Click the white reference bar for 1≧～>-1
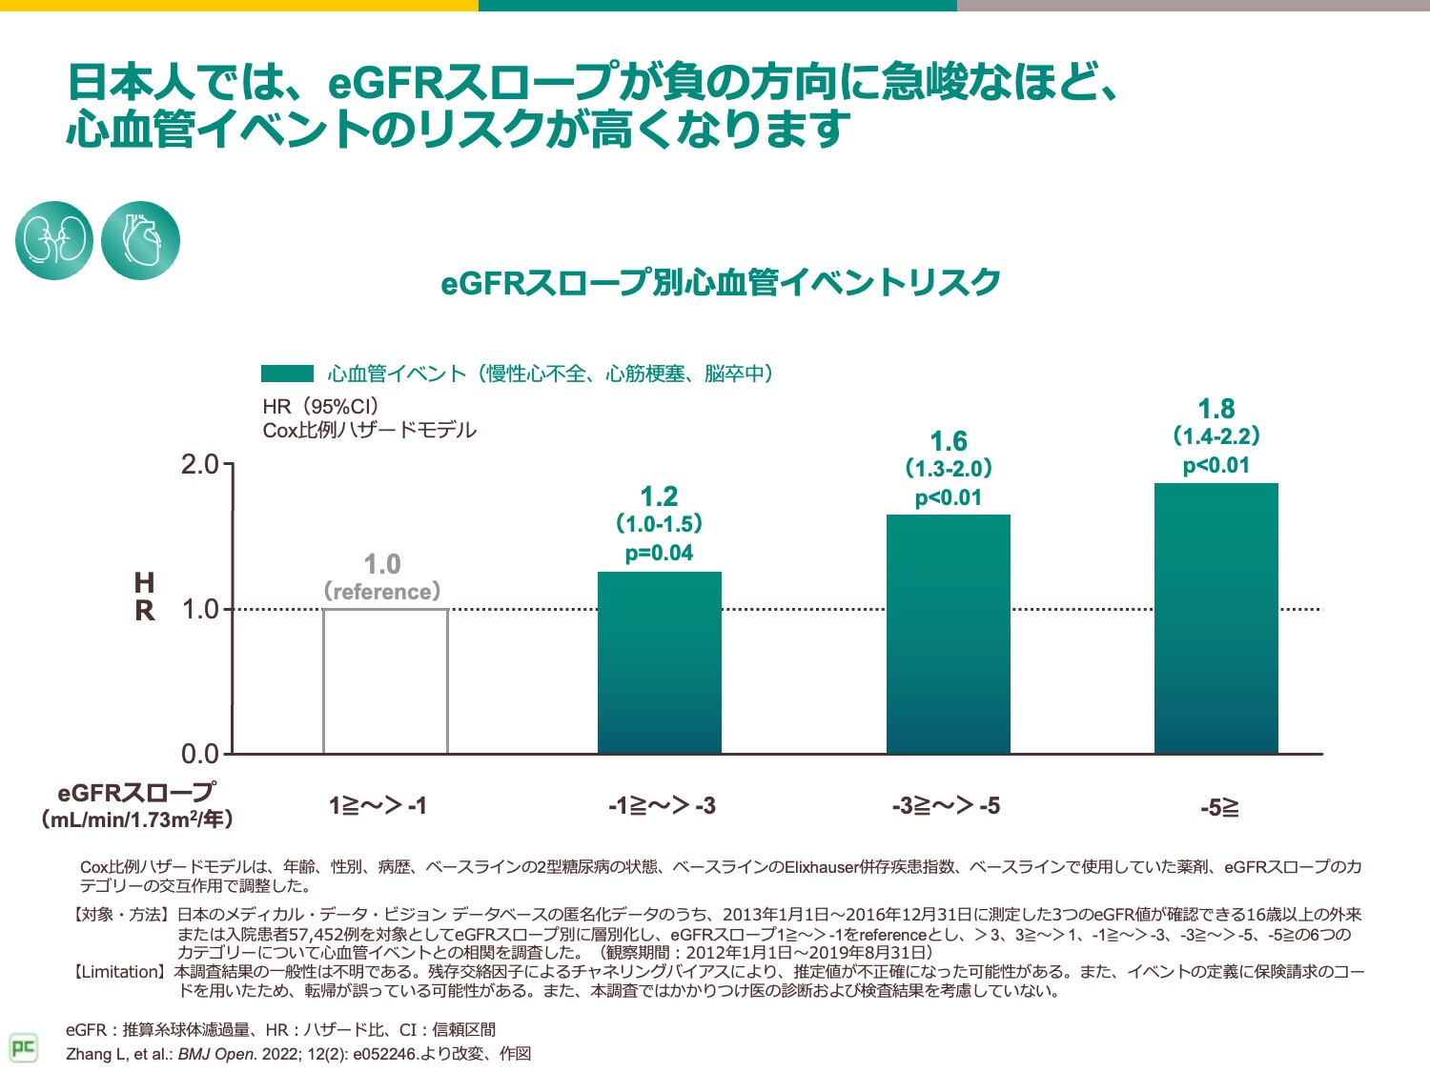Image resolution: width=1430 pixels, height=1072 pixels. point(385,680)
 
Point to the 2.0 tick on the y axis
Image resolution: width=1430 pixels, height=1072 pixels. point(200,465)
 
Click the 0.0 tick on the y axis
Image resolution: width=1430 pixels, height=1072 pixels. point(200,755)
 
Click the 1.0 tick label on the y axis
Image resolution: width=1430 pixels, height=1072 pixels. point(200,610)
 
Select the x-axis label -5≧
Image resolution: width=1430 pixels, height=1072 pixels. point(1219,808)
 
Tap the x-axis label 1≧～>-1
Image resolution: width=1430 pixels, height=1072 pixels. point(378,806)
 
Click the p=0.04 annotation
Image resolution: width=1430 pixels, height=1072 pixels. point(659,554)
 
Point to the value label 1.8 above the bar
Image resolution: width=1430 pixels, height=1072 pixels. point(1215,410)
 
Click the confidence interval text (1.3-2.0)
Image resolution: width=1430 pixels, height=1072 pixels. point(948,469)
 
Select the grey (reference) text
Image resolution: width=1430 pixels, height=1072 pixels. point(382,592)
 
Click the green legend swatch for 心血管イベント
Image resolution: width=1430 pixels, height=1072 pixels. point(287,374)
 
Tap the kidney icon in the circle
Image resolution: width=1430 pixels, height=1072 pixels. point(54,240)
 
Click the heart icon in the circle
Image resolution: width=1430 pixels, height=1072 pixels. point(140,240)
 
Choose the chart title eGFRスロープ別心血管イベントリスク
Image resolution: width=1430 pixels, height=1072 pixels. point(720,283)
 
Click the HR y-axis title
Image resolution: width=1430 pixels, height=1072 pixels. point(145,597)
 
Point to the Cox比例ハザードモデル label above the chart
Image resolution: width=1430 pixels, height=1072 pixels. point(369,431)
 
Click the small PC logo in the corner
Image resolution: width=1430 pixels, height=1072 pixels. point(23,1048)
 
